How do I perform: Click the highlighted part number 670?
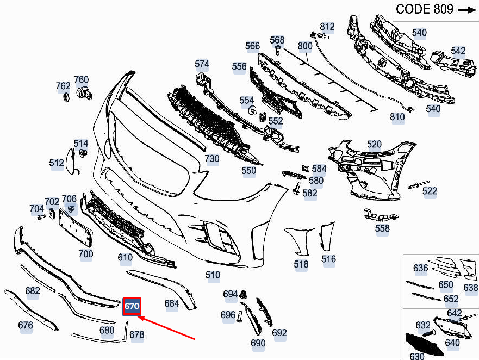pyautogui.click(x=132, y=306)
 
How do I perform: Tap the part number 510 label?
pyautogui.click(x=213, y=275)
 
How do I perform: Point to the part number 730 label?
pyautogui.click(x=211, y=159)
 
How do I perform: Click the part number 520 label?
pyautogui.click(x=374, y=144)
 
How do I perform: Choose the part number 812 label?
pyautogui.click(x=327, y=26)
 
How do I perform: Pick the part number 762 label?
pyautogui.click(x=63, y=86)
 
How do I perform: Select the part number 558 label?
pyautogui.click(x=382, y=228)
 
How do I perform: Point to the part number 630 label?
pyautogui.click(x=416, y=356)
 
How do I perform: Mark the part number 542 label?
pyautogui.click(x=458, y=51)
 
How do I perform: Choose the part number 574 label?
pyautogui.click(x=202, y=64)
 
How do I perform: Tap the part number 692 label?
pyautogui.click(x=279, y=332)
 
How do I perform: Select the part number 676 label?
pyautogui.click(x=26, y=326)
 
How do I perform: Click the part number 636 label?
pyautogui.click(x=420, y=268)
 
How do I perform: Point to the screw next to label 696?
pyautogui.click(x=239, y=316)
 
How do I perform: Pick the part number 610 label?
pyautogui.click(x=125, y=258)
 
